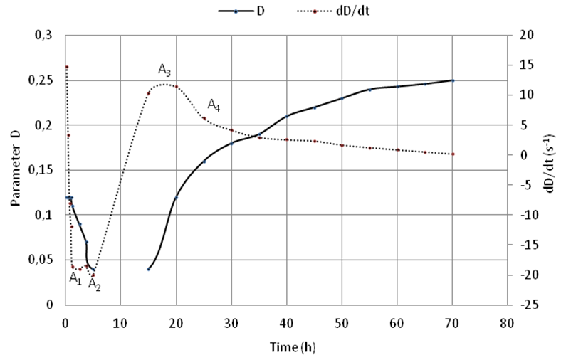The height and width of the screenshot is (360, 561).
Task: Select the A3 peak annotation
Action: (x=164, y=70)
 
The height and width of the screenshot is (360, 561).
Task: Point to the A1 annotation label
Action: (x=75, y=278)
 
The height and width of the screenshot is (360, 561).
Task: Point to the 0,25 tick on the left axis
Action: (x=43, y=81)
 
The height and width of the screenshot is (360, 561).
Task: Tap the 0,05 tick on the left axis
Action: (x=43, y=260)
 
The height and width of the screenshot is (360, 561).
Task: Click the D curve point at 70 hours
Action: (x=452, y=80)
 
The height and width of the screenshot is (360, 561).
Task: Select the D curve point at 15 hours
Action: (x=148, y=269)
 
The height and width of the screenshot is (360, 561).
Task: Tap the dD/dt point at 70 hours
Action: (x=452, y=154)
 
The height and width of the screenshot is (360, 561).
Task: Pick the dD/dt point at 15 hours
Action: (x=148, y=93)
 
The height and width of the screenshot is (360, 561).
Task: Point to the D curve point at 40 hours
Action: (x=286, y=116)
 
